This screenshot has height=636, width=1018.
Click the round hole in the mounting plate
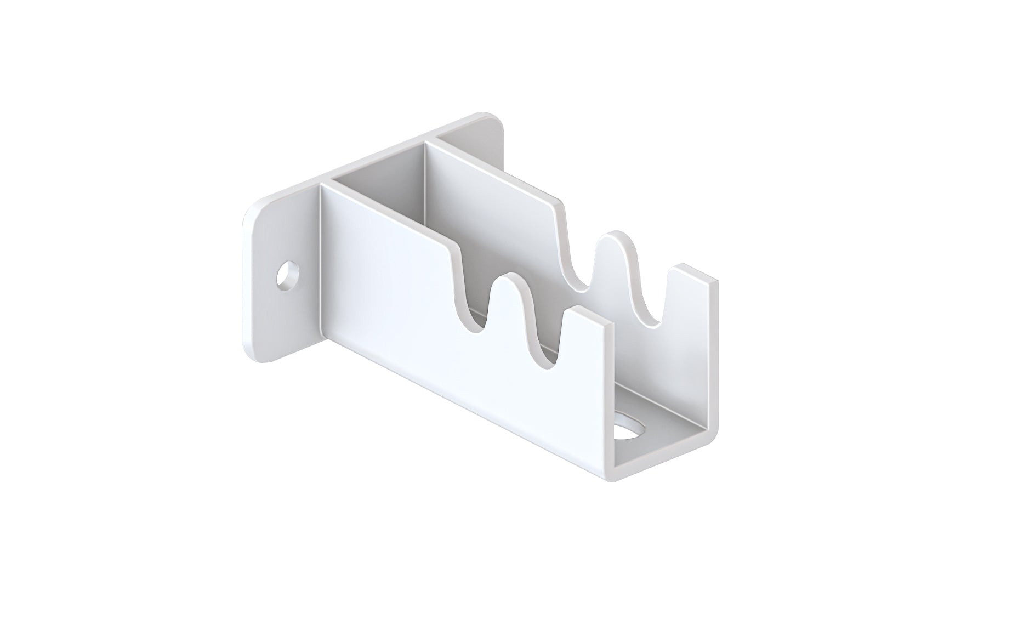pos(287,275)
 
